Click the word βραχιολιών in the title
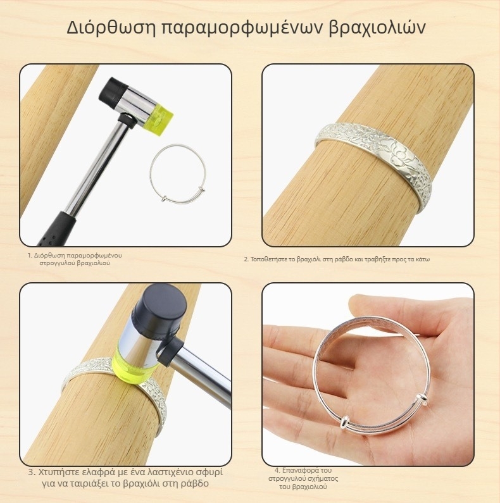[x=377, y=27]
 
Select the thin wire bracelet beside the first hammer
[x=151, y=173]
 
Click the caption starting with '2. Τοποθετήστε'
[x=337, y=259]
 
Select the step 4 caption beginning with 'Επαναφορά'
[x=303, y=478]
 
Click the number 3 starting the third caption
[x=31, y=473]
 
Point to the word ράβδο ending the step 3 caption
[x=196, y=484]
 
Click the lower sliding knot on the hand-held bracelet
[x=344, y=422]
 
